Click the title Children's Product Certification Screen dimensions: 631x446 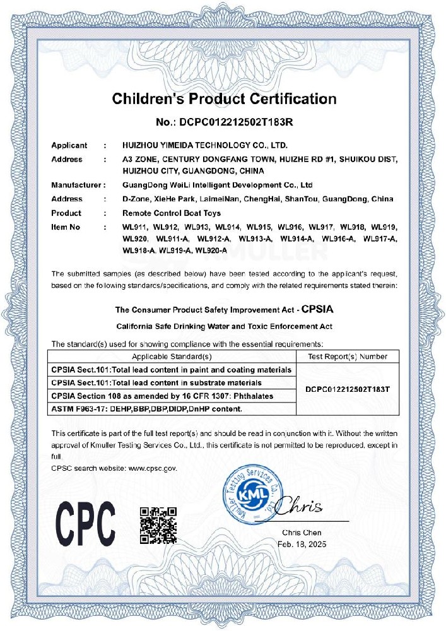point(224,99)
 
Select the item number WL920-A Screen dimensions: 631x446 point(211,251)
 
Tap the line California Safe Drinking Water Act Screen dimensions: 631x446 point(224,326)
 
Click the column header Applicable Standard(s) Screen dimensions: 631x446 point(172,357)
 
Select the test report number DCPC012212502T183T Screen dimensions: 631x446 point(348,389)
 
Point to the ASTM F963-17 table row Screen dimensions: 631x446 point(146,409)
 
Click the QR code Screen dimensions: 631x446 point(158,524)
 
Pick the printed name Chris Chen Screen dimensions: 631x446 point(302,533)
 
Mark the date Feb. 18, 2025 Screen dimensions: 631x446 point(302,544)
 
